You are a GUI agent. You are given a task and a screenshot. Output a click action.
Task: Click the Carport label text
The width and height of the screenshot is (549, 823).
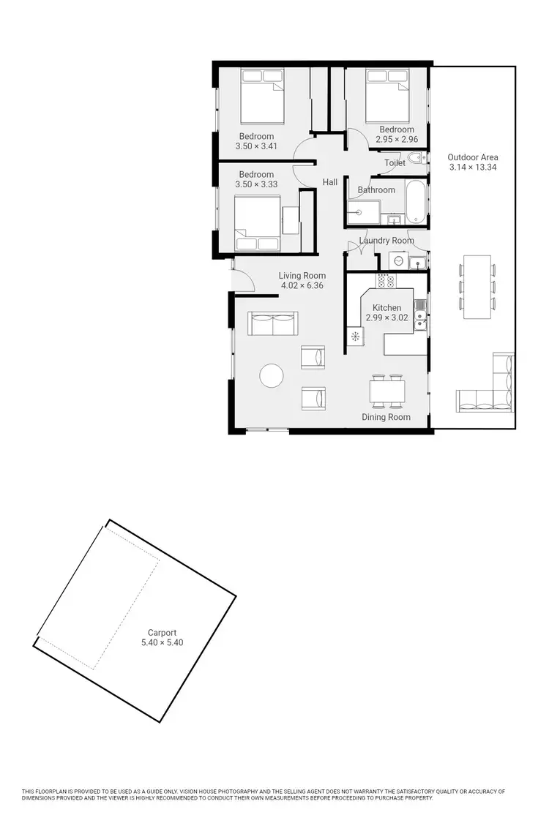click(162, 633)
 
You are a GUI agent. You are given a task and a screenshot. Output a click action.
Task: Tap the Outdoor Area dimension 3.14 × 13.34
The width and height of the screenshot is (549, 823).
click(474, 167)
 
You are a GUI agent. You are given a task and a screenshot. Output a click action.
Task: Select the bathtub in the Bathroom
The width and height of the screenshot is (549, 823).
click(414, 202)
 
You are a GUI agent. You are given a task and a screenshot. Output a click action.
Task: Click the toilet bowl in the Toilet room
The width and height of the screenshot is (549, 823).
click(415, 158)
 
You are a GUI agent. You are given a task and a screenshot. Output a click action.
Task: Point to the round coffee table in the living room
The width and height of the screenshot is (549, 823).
click(272, 375)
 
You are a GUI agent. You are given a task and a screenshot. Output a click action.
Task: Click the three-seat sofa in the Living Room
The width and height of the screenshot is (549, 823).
click(274, 323)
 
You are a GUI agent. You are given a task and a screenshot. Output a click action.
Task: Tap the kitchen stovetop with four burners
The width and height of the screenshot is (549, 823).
click(385, 280)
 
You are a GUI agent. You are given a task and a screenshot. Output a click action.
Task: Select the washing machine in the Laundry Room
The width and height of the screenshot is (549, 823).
click(397, 260)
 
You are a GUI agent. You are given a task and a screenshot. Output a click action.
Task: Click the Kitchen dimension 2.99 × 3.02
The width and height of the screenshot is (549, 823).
click(386, 317)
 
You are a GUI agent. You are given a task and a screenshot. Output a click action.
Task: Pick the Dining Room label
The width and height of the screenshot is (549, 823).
click(386, 417)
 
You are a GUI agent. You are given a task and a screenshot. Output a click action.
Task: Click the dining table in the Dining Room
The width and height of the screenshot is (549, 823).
click(386, 391)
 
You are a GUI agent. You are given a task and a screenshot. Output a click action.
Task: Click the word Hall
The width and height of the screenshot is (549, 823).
click(330, 182)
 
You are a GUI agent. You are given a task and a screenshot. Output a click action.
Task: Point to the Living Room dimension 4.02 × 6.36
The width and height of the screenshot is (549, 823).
click(302, 285)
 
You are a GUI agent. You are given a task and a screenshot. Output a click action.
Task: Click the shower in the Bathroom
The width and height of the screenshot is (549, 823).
click(362, 212)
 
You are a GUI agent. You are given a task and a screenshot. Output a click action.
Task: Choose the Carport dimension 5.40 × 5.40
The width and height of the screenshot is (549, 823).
click(162, 642)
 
